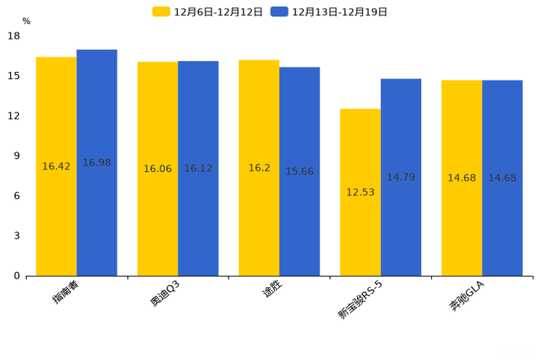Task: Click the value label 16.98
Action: pyautogui.click(x=97, y=163)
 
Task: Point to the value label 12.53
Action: pyautogui.click(x=360, y=192)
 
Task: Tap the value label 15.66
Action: pyautogui.click(x=299, y=171)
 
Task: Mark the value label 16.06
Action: pyautogui.click(x=157, y=168)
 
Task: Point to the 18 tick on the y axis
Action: pyautogui.click(x=14, y=36)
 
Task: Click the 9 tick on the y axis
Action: pyautogui.click(x=17, y=156)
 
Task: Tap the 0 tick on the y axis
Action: pyautogui.click(x=17, y=276)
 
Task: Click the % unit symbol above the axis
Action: pyautogui.click(x=26, y=22)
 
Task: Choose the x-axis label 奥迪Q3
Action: pyautogui.click(x=165, y=293)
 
